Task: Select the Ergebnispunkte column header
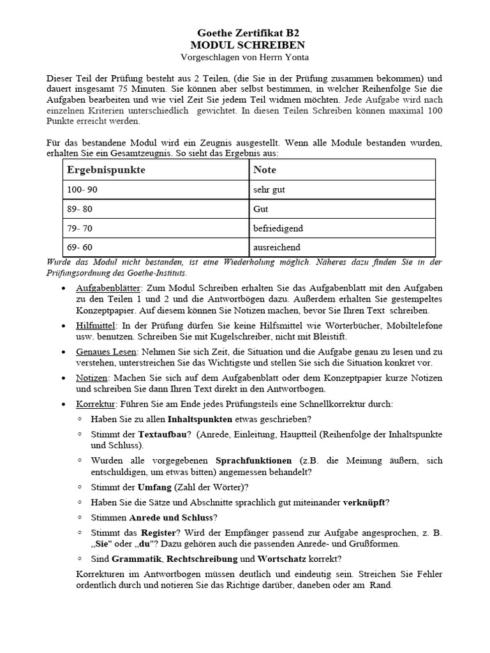(106, 170)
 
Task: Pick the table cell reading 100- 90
(82, 190)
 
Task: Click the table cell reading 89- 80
(80, 209)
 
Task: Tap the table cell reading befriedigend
(278, 228)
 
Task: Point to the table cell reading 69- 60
(80, 247)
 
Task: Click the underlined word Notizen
(92, 378)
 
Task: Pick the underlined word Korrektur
(95, 404)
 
